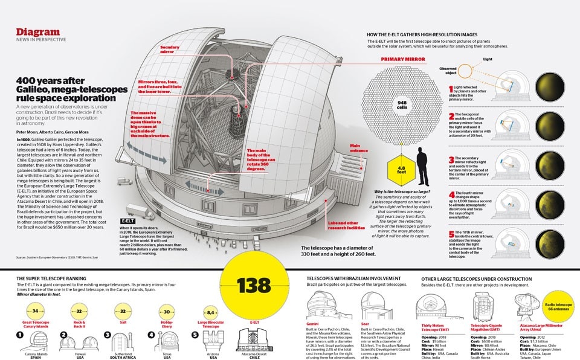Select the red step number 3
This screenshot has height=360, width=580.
pos(450,161)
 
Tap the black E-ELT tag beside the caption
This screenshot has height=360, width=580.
pos(127,221)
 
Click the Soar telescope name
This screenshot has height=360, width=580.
pos(364,324)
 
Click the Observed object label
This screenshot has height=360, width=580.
pos(448,70)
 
